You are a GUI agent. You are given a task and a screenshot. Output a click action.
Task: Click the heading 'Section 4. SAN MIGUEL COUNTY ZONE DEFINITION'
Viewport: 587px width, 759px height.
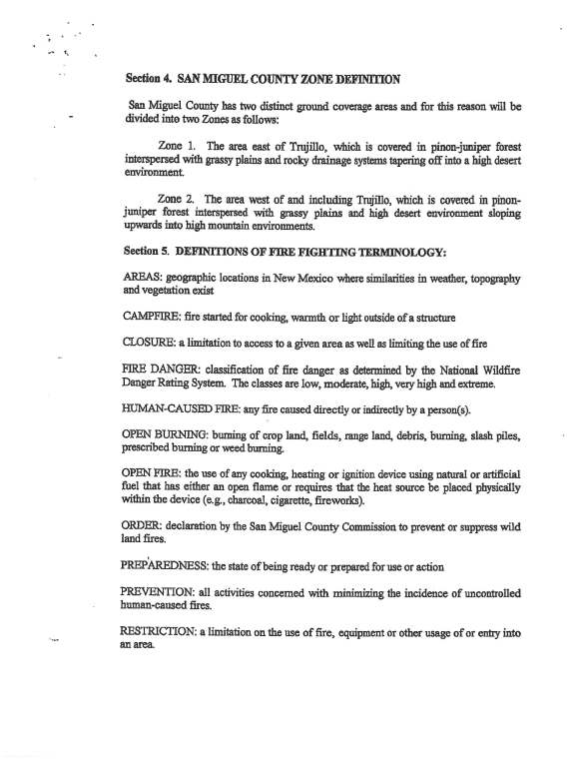pyautogui.click(x=265, y=77)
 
